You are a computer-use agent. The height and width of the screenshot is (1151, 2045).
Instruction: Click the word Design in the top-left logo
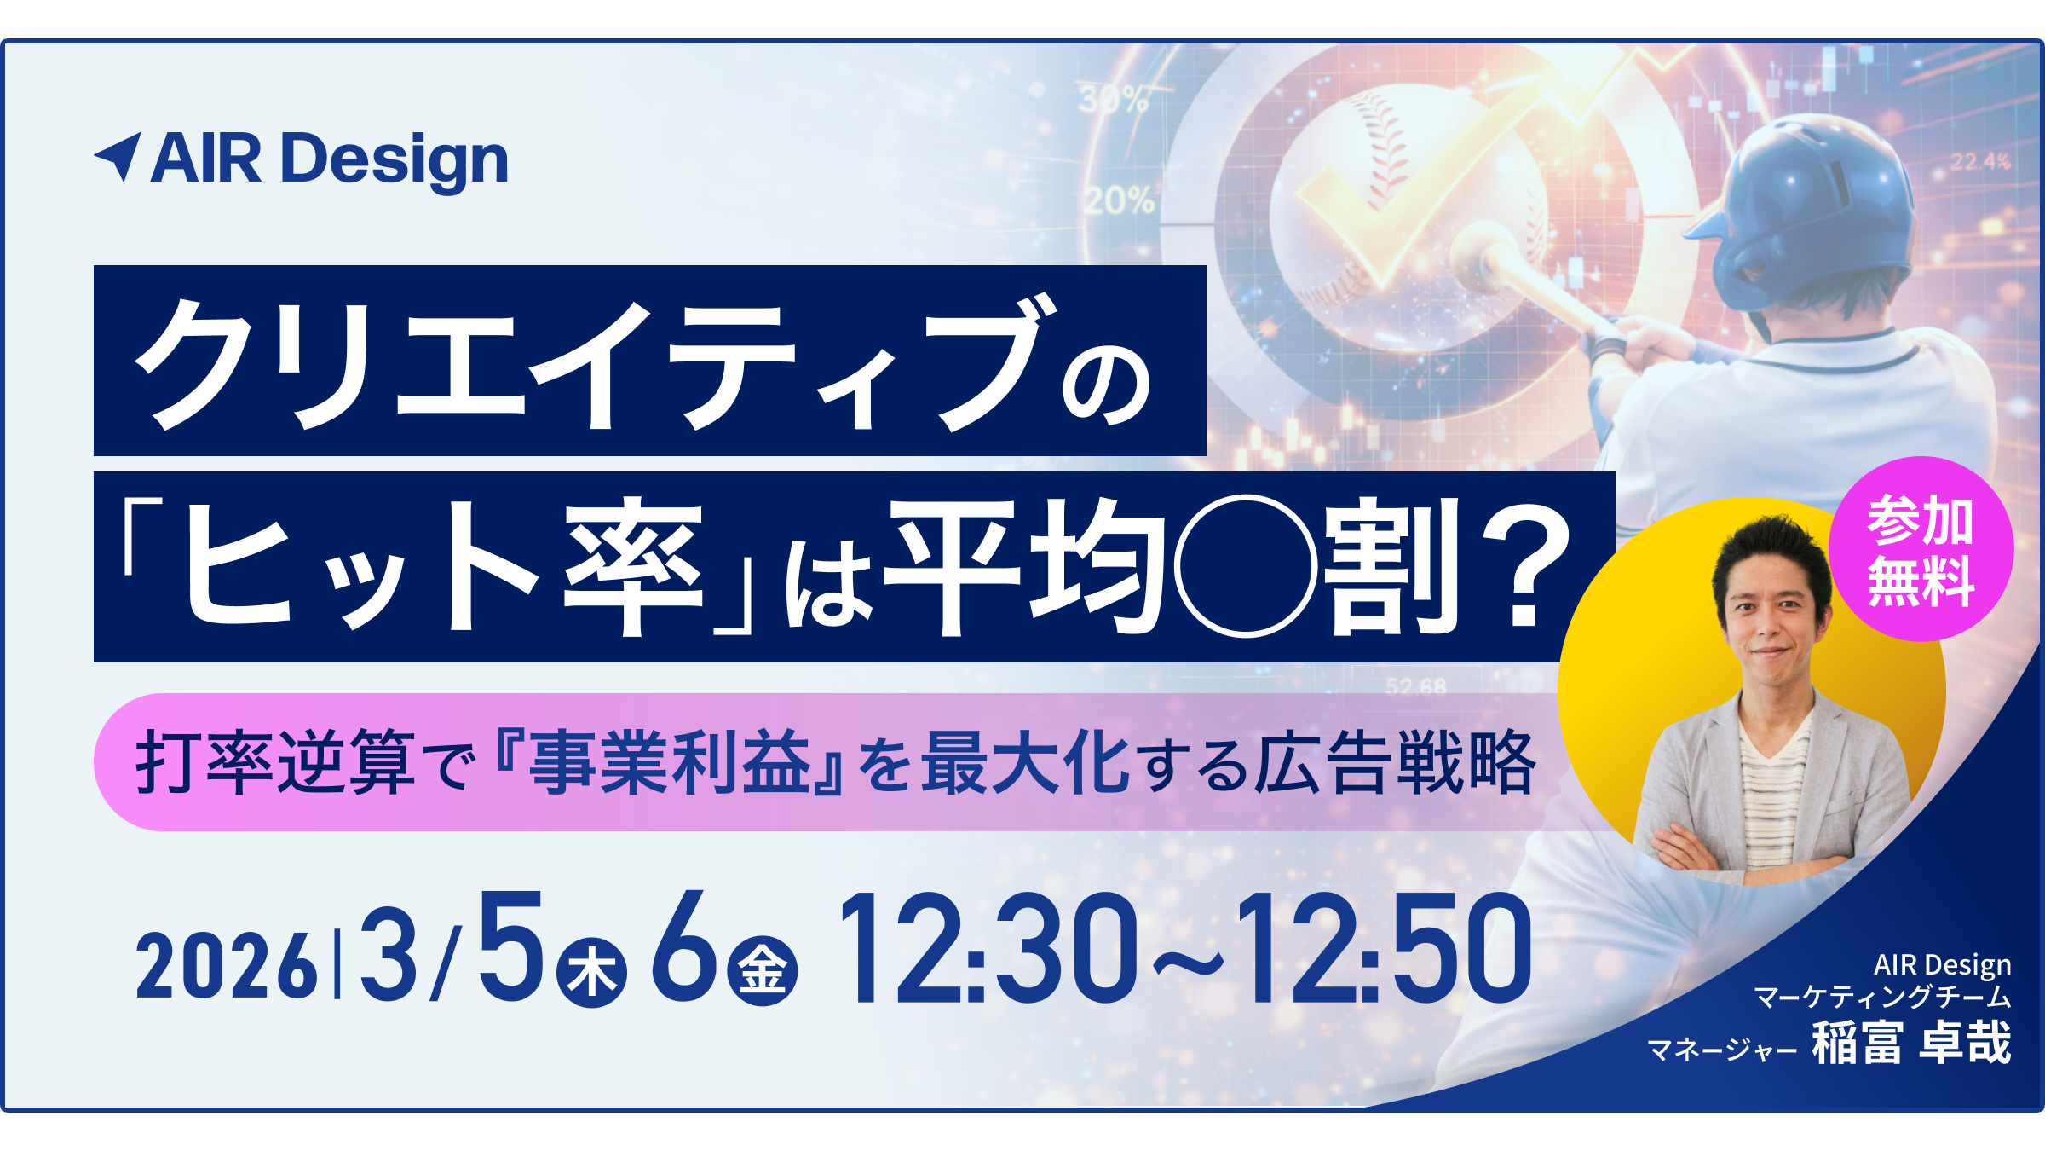395,159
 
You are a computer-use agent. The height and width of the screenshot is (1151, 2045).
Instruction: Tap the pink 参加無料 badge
1921,549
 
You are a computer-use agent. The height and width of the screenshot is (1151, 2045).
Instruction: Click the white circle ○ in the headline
1246,566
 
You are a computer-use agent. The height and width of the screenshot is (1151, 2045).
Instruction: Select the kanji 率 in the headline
634,568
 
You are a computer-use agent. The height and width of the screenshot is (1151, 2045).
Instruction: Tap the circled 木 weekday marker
591,972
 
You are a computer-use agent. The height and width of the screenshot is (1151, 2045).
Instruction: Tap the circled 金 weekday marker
762,970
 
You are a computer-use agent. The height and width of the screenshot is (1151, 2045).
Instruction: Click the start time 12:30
988,947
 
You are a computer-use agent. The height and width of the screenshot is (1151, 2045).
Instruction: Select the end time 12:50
1385,947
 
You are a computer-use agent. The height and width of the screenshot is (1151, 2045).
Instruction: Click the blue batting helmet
1806,213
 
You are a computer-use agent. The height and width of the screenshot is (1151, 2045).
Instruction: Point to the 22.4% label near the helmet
1980,161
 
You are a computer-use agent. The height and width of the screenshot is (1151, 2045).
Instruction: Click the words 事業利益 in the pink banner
671,761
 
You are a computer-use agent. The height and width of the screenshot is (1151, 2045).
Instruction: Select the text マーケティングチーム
1882,997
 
